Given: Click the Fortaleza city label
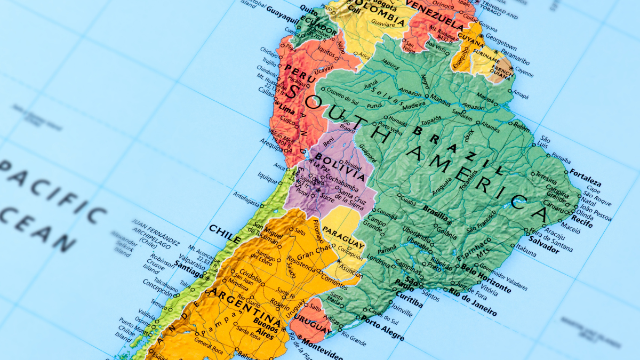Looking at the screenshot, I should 585,175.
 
